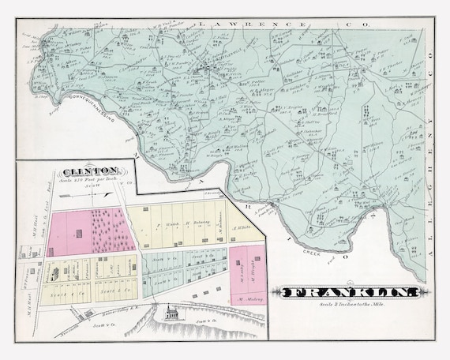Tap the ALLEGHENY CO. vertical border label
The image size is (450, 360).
pos(430,142)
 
